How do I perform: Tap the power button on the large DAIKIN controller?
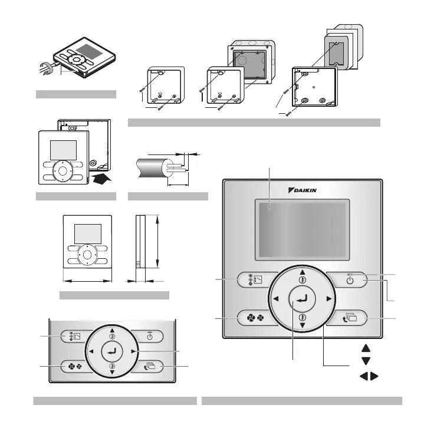(x=350, y=279)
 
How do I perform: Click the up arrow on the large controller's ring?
(x=302, y=272)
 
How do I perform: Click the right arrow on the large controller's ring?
(x=328, y=299)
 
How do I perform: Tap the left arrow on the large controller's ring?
(x=275, y=299)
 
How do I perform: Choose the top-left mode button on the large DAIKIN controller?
(x=253, y=279)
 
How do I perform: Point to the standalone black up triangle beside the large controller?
(x=366, y=349)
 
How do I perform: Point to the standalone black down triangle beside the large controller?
(x=366, y=361)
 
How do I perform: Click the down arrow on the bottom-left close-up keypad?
(x=111, y=373)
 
